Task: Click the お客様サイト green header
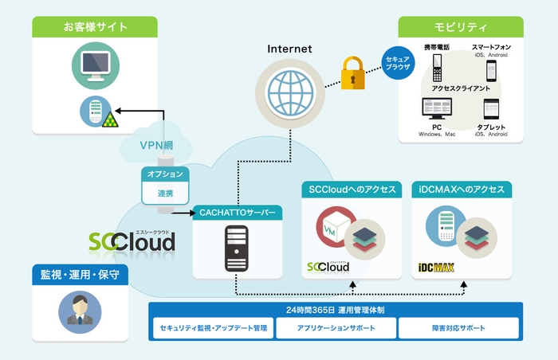[96, 27]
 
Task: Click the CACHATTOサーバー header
[237, 213]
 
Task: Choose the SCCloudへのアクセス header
[351, 190]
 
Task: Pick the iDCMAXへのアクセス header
[462, 190]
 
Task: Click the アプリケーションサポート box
[336, 328]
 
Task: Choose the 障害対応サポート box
[458, 328]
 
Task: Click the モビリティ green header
[461, 27]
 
